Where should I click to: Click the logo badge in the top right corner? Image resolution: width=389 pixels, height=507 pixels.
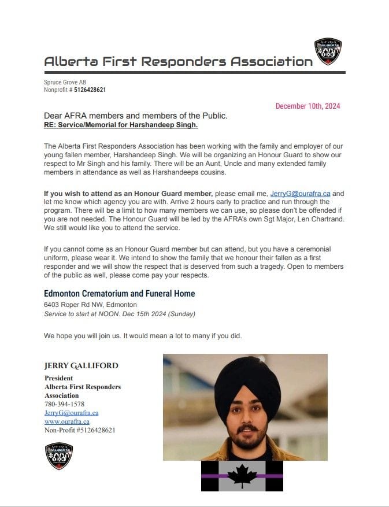coord(328,51)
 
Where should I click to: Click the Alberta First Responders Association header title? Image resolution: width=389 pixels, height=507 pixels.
coord(178,61)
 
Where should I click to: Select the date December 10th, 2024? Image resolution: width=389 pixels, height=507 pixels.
coord(308,106)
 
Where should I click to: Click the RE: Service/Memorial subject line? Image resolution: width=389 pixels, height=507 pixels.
coord(121,125)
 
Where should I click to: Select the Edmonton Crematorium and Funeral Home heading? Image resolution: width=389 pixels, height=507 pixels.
coord(119,294)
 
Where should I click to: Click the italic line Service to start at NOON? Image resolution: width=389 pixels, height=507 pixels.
coord(120,314)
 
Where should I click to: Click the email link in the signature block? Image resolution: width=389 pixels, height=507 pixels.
coord(71,413)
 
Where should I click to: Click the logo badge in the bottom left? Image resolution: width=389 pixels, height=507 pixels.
coord(58,456)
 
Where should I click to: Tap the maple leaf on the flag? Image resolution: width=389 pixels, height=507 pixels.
coord(242,476)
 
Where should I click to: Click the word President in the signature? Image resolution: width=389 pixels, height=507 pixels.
coord(58,378)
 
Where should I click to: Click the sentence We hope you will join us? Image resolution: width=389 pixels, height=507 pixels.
coord(143,336)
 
